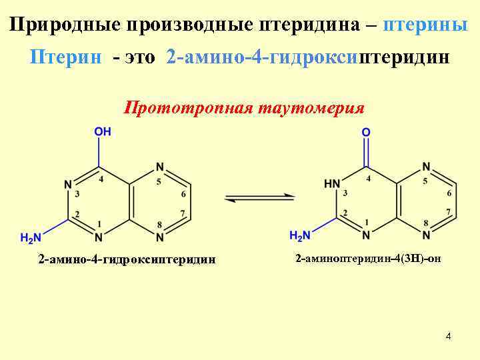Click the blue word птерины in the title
426,25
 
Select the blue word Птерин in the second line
66,57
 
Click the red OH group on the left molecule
103,132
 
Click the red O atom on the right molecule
366,133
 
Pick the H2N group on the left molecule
30,237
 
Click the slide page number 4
449,336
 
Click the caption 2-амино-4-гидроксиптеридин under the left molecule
127,259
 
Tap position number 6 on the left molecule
183,195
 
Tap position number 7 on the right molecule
449,213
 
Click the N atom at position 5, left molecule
159,167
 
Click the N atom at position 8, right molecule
426,235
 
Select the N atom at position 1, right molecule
366,235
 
